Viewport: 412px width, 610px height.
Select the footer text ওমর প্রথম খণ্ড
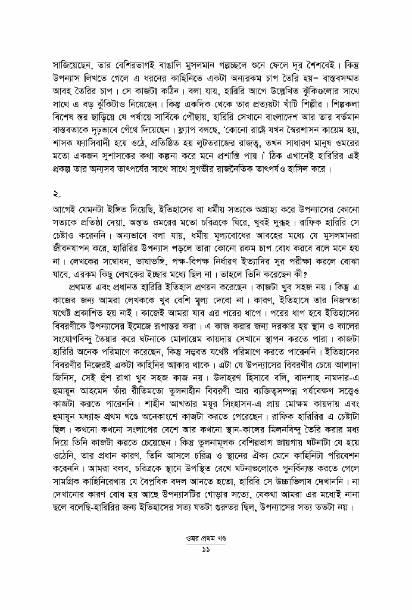205,537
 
